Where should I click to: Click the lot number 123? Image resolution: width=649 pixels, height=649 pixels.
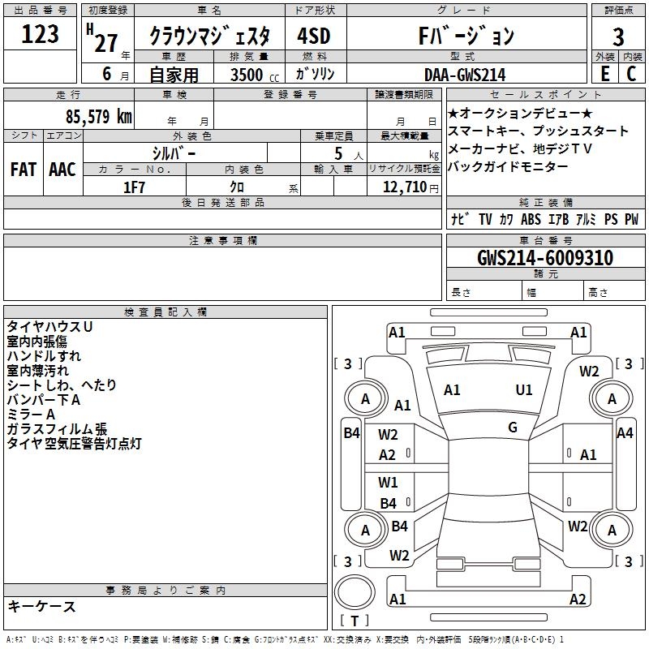(41, 34)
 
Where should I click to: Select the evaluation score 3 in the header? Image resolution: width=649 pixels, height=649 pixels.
(618, 37)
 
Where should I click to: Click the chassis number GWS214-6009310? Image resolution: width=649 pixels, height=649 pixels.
(545, 258)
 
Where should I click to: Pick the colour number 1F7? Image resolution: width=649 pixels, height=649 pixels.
(134, 187)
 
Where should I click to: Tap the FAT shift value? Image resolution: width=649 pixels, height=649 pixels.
(24, 170)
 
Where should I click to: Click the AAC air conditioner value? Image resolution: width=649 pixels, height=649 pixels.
(62, 170)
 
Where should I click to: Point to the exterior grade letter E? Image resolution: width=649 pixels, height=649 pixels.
(604, 74)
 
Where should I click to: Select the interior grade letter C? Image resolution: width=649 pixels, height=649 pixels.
(632, 74)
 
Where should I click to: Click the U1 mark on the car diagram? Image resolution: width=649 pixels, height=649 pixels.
(524, 390)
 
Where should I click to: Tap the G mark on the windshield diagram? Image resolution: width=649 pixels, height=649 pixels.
(513, 427)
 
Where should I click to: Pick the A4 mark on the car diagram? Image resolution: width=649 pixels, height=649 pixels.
(625, 433)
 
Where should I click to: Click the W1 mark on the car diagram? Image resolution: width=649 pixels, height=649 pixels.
(388, 483)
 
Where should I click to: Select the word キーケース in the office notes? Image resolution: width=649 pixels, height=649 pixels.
(41, 606)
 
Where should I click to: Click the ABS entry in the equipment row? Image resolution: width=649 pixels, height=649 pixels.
(531, 219)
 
